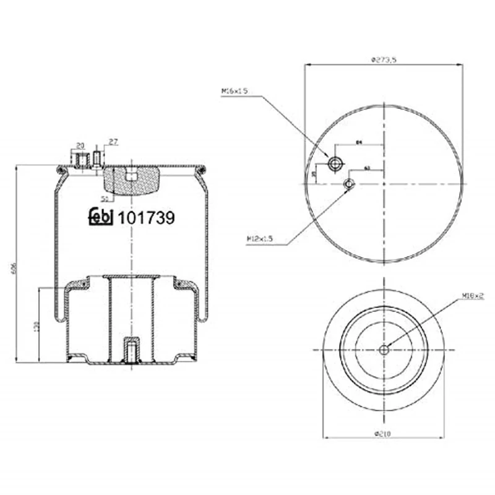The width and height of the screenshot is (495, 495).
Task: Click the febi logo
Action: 101,217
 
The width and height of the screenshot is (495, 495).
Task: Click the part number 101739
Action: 146,217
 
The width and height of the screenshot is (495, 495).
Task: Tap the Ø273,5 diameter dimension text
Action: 384,60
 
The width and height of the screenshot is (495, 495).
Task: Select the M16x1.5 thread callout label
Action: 234,91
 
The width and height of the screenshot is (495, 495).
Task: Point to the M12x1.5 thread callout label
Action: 259,238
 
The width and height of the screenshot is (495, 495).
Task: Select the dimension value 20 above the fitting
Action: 80,145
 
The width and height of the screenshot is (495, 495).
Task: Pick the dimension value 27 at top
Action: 113,142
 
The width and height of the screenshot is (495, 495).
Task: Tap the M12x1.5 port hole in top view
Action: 350,184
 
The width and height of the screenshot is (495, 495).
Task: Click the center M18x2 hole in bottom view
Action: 384,350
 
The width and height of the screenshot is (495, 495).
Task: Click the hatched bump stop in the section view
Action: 131,180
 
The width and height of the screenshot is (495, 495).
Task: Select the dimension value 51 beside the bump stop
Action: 104,199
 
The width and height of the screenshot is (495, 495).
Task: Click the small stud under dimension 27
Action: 98,157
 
